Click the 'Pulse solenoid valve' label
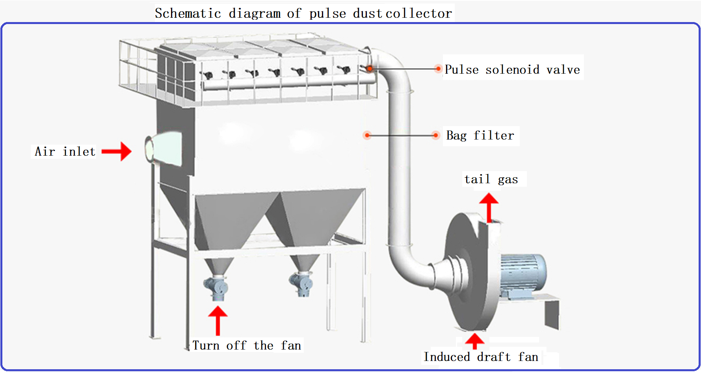point(512,70)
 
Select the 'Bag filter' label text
point(480,136)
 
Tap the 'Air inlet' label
point(65,151)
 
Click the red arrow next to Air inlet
point(117,151)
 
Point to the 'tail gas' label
point(491,179)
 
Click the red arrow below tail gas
point(489,207)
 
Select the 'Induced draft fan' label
point(481,357)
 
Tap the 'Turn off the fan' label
point(247,346)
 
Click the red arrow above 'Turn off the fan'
point(218,320)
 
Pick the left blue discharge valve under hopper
point(216,288)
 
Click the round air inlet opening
point(149,149)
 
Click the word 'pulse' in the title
point(327,13)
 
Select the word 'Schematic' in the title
point(188,13)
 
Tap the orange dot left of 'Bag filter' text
point(435,136)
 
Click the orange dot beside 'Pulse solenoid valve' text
point(438,69)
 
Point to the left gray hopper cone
point(232,221)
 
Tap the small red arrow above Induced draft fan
point(475,340)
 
